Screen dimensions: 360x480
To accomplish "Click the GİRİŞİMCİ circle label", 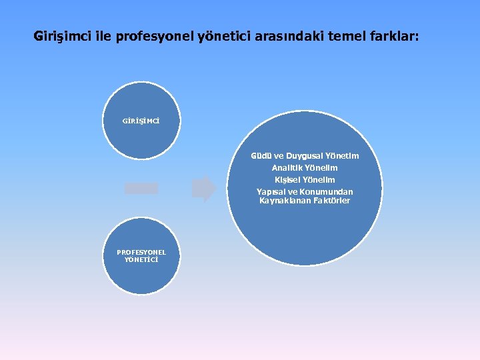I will tap(141, 121).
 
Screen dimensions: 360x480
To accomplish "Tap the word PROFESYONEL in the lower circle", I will tap(141, 252).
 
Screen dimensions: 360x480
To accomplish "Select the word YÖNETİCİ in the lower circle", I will tap(141, 259).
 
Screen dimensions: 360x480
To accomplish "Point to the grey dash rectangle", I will tap(141, 189).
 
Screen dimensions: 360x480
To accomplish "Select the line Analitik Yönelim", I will tap(305, 168).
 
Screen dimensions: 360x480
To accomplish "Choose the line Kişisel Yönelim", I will tap(305, 180).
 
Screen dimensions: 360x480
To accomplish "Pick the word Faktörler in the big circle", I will tap(329, 201).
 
